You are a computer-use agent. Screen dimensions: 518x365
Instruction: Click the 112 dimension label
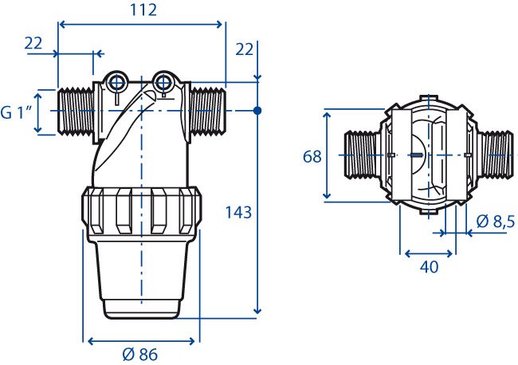coord(143,10)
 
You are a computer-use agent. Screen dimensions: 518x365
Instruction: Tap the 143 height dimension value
coord(238,213)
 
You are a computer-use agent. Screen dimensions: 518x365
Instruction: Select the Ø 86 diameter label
coord(139,355)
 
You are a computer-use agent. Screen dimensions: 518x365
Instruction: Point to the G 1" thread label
coord(17,113)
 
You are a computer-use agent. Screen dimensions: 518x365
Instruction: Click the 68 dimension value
coord(312,156)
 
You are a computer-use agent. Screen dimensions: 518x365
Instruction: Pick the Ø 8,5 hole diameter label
coord(496,222)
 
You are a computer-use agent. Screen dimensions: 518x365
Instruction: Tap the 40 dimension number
coord(429,266)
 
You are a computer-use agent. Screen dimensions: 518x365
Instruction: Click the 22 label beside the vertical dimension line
coord(244,49)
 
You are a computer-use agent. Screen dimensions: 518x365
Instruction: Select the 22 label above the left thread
coord(33,43)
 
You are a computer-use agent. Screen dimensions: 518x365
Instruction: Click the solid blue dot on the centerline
coord(257,110)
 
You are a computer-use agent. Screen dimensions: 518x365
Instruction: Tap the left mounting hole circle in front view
coord(116,83)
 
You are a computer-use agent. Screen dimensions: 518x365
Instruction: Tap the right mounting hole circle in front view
coord(163,83)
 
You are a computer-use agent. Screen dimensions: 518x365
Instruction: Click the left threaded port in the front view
coord(76,112)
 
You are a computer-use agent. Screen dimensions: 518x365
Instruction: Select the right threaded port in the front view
coord(208,112)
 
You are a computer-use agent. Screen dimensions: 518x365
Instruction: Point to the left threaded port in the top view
coord(363,155)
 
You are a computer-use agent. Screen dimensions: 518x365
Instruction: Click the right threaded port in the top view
coord(496,155)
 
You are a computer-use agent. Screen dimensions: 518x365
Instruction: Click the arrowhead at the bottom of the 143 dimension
coord(257,310)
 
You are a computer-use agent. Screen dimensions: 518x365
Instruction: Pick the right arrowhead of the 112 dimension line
coord(218,24)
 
